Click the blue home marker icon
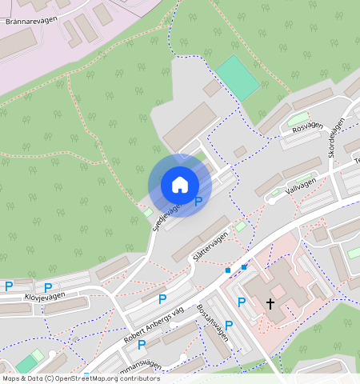pyautogui.click(x=180, y=185)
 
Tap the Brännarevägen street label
pyautogui.click(x=35, y=21)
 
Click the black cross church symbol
pyautogui.click(x=270, y=304)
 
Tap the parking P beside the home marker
pyautogui.click(x=198, y=202)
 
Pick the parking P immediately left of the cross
pyautogui.click(x=241, y=302)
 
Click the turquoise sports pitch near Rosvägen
pyautogui.click(x=238, y=78)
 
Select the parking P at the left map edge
pyautogui.click(x=9, y=286)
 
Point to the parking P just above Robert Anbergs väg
pyautogui.click(x=162, y=299)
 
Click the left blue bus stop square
pyautogui.click(x=228, y=270)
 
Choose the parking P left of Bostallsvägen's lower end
pyautogui.click(x=142, y=345)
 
